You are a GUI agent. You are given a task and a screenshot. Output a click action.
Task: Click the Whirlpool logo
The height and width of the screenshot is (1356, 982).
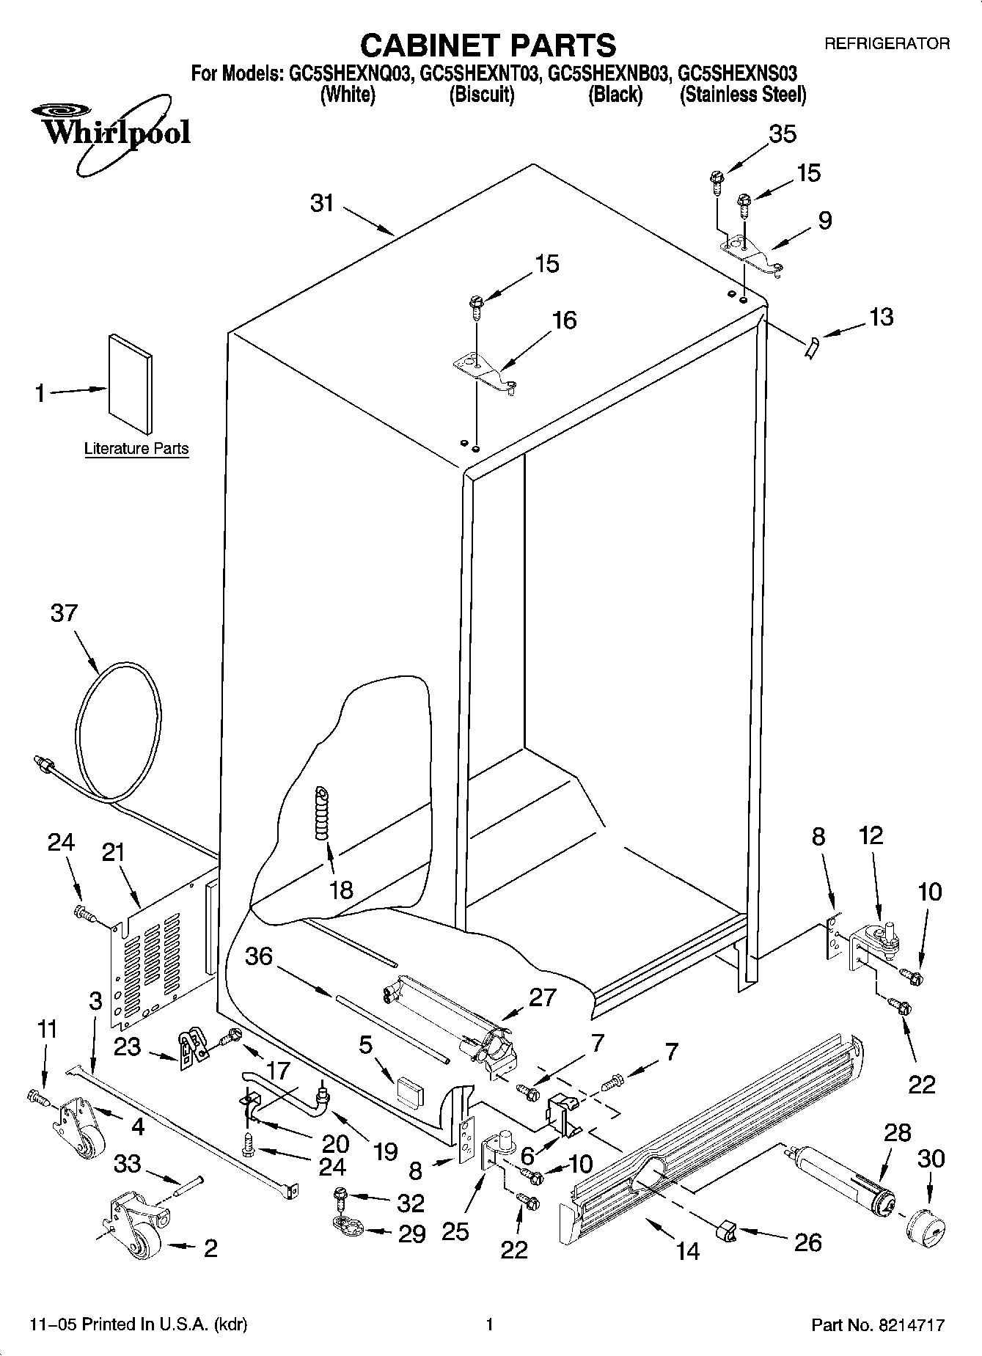110,132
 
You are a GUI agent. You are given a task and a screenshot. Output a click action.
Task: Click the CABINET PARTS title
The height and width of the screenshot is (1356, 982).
488,45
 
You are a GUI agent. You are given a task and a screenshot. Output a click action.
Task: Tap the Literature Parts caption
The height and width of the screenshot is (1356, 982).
136,449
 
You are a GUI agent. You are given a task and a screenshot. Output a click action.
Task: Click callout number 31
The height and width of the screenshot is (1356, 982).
321,203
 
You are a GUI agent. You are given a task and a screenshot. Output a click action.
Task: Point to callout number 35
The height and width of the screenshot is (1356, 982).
782,134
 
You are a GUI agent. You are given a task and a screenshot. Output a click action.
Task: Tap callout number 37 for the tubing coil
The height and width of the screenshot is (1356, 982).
64,612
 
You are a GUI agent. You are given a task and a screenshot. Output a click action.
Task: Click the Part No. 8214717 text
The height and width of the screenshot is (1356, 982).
877,1325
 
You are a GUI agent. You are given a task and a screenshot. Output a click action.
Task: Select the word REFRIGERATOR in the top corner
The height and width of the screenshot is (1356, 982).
887,44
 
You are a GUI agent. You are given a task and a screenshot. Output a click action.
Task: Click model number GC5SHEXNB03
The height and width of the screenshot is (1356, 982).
609,74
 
